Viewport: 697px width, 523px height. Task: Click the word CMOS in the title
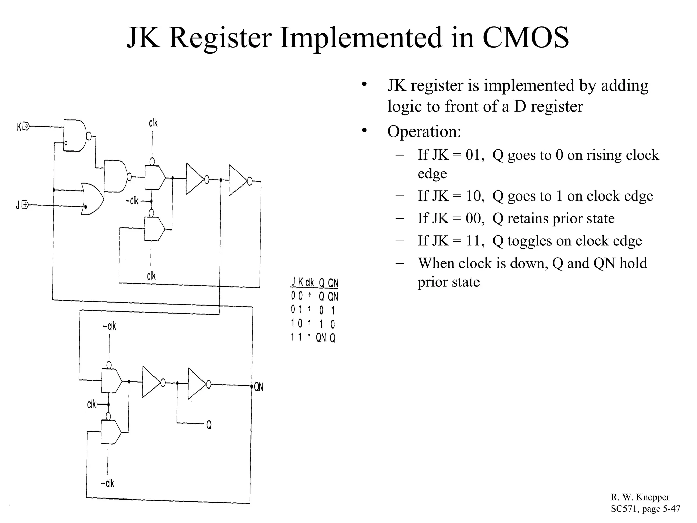click(x=525, y=37)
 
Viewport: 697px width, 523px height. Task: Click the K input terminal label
click(x=20, y=127)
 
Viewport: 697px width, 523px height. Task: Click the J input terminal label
click(x=18, y=205)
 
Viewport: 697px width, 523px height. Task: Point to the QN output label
click(x=259, y=387)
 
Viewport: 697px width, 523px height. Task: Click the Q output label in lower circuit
click(x=209, y=425)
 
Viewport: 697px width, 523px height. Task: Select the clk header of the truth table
click(x=309, y=283)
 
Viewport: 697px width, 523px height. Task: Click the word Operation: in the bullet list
click(x=424, y=131)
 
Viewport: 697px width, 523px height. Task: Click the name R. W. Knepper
click(x=640, y=497)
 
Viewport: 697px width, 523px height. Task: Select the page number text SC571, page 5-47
click(x=645, y=509)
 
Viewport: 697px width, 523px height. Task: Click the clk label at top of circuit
click(x=153, y=123)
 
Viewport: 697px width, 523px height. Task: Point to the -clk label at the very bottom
click(x=108, y=483)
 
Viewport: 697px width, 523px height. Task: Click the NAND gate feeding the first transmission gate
click(x=116, y=176)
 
